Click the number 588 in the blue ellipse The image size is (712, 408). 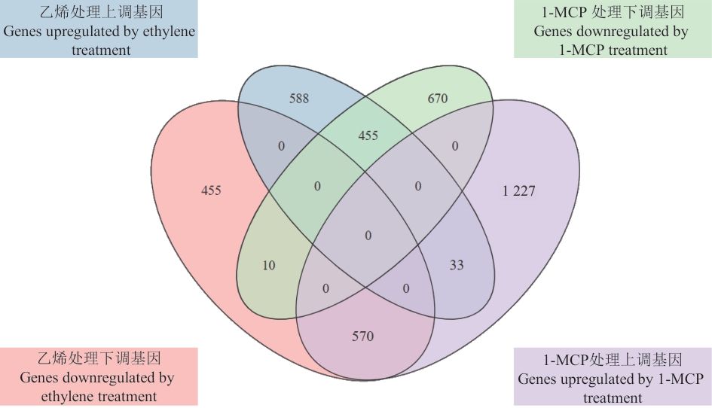[x=298, y=99]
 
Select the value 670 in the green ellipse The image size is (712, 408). [x=437, y=99]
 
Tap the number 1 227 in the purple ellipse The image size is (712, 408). [x=518, y=191]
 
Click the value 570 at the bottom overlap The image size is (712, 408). [x=363, y=336]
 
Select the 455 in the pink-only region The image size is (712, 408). [x=211, y=190]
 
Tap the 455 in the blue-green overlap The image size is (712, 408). [x=368, y=135]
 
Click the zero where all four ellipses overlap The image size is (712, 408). [x=368, y=236]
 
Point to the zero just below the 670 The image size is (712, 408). [x=454, y=147]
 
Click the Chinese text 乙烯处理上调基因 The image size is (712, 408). [x=99, y=12]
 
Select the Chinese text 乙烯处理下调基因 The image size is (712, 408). [x=98, y=358]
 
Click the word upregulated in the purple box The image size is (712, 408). [x=594, y=379]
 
